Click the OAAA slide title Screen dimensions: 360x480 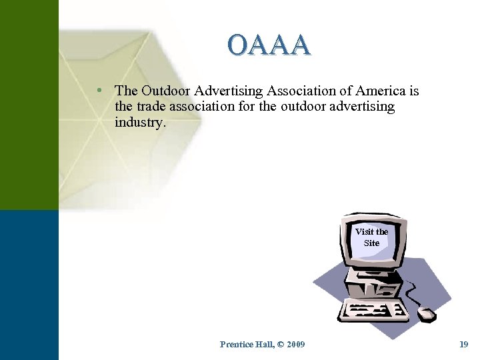coord(269,45)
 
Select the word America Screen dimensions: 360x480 coord(379,91)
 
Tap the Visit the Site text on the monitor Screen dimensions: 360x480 coord(371,237)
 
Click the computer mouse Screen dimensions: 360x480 coord(426,313)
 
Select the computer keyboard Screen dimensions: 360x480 coord(373,311)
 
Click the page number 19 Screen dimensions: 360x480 coord(464,344)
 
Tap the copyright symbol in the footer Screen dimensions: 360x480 coord(279,344)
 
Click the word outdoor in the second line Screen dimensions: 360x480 coord(305,106)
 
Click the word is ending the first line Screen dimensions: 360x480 coord(414,91)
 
